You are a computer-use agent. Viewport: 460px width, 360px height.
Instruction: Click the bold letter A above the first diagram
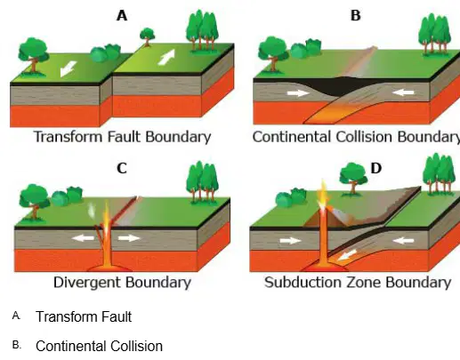pyautogui.click(x=122, y=15)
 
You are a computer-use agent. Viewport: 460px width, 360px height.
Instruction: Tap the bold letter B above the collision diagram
pyautogui.click(x=356, y=15)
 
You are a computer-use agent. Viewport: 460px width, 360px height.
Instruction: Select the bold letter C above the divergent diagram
pyautogui.click(x=122, y=168)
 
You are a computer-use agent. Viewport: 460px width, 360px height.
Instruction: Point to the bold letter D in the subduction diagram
pyautogui.click(x=376, y=168)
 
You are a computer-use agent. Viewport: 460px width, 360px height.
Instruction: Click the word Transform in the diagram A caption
pyautogui.click(x=69, y=137)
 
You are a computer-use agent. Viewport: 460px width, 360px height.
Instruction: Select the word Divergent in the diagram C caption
pyautogui.click(x=87, y=283)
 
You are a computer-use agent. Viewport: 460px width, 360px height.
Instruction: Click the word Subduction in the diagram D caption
pyautogui.click(x=302, y=283)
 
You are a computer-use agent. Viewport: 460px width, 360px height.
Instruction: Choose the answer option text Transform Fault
pyautogui.click(x=84, y=316)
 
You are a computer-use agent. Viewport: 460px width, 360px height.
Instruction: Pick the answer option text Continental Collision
pyautogui.click(x=99, y=346)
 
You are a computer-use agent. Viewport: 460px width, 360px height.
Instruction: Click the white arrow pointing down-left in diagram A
pyautogui.click(x=68, y=68)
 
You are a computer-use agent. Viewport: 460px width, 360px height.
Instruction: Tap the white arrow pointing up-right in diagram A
pyautogui.click(x=166, y=57)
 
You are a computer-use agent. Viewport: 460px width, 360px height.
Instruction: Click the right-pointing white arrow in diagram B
pyautogui.click(x=299, y=93)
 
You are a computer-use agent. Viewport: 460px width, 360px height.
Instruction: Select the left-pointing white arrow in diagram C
pyautogui.click(x=84, y=237)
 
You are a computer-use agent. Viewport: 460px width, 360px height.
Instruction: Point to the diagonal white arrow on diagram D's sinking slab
pyautogui.click(x=347, y=255)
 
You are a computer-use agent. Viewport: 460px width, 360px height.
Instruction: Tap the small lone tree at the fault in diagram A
pyautogui.click(x=147, y=37)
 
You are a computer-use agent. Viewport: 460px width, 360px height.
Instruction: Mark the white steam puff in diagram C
pyautogui.click(x=92, y=210)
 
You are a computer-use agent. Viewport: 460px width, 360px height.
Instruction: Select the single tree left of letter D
pyautogui.click(x=353, y=179)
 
